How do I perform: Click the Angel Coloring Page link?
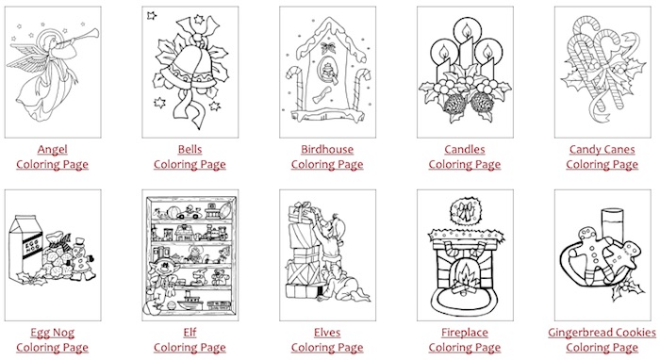[x=44, y=156]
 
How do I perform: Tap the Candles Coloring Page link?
[x=464, y=156]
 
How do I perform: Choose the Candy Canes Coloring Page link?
[x=602, y=156]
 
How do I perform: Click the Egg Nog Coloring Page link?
[x=44, y=339]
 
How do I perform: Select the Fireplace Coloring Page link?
[x=464, y=339]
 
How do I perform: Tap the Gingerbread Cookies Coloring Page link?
[x=602, y=339]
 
